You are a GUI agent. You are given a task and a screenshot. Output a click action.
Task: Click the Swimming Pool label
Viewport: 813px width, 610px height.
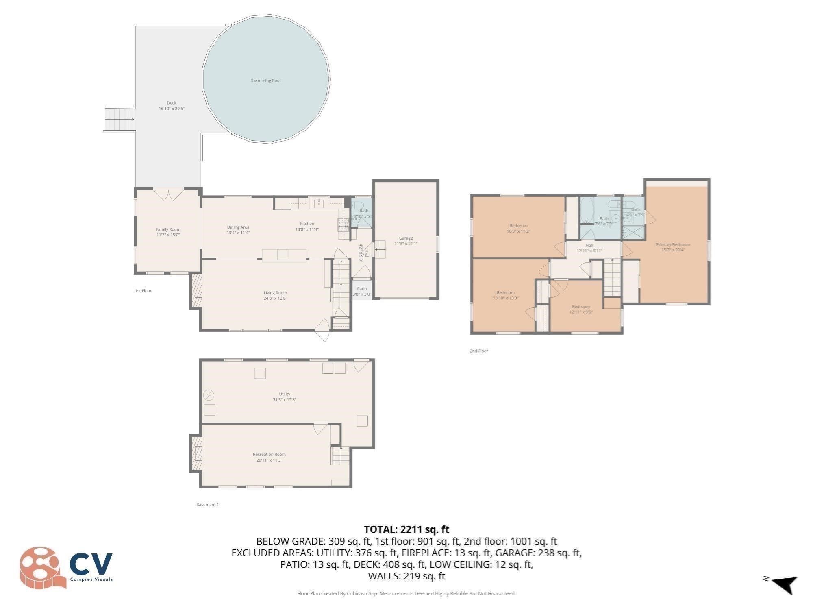[x=265, y=81]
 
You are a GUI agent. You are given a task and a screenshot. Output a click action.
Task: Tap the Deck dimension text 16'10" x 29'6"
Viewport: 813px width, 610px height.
[x=172, y=109]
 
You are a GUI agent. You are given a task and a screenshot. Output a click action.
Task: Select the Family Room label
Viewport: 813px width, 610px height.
[x=168, y=229]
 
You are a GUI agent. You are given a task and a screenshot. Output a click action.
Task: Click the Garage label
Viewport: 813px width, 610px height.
[x=406, y=238]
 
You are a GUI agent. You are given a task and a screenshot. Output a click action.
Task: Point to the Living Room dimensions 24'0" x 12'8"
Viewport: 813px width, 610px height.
[x=275, y=298]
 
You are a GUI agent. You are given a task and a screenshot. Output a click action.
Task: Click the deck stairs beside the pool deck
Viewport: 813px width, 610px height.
[x=119, y=119]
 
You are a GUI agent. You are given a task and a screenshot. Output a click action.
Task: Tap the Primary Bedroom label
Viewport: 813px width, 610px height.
[x=673, y=245]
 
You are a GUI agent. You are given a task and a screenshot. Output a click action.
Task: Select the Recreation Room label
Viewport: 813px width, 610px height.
[x=269, y=455]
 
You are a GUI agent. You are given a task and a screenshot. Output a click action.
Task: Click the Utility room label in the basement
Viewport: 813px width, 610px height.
[x=285, y=394]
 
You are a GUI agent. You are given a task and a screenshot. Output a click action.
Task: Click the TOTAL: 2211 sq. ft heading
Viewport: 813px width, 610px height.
[x=406, y=529]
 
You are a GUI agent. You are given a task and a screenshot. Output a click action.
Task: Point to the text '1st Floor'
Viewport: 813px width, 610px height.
[x=143, y=291]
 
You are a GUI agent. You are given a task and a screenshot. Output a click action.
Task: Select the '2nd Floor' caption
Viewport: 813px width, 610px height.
[x=478, y=351]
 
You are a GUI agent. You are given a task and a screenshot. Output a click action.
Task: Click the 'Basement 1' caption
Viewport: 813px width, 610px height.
[x=207, y=505]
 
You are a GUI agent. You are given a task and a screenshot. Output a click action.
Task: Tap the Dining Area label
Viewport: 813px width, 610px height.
[x=238, y=227]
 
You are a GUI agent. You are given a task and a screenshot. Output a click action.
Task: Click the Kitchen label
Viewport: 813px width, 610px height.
[x=307, y=224]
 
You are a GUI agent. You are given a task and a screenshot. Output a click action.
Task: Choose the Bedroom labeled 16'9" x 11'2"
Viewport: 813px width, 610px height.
[x=518, y=226]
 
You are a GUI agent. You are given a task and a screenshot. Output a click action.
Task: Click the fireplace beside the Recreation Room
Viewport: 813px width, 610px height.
[x=196, y=453]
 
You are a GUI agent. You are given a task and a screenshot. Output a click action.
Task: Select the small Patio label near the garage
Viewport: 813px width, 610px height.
[x=362, y=289]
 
